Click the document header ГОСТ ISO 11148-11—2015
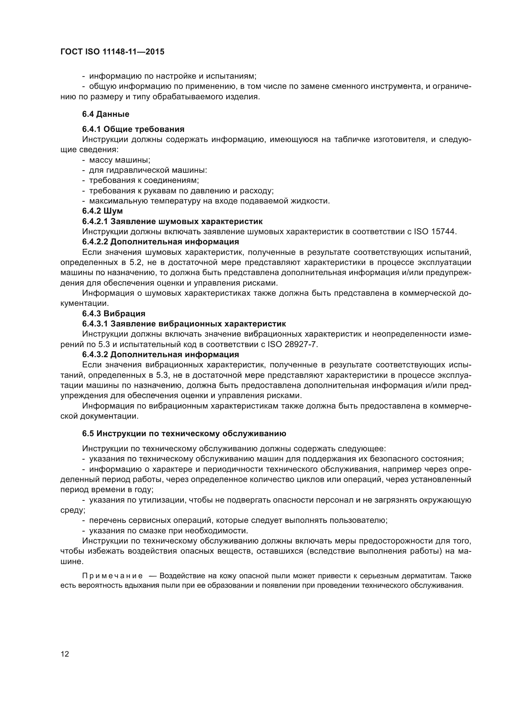(x=112, y=52)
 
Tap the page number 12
(x=65, y=654)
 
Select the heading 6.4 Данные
(x=105, y=114)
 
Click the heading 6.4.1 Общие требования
(x=133, y=129)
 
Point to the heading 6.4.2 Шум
(x=102, y=211)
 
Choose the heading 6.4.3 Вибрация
(x=114, y=314)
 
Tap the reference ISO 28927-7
(x=292, y=344)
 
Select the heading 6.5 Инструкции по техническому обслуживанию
(x=184, y=433)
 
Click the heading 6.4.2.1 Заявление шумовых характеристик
(x=172, y=221)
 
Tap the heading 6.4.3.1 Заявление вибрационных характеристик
(x=184, y=323)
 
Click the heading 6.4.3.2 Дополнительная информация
(x=160, y=354)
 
